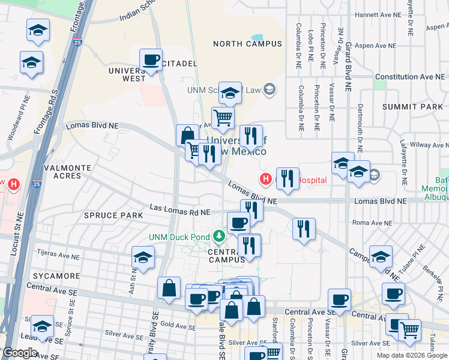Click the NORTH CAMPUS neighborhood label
(x=247, y=44)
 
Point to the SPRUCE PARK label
(x=113, y=215)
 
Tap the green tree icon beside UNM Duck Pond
(x=220, y=235)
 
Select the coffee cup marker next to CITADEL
(x=151, y=60)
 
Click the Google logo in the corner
(x=20, y=353)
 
